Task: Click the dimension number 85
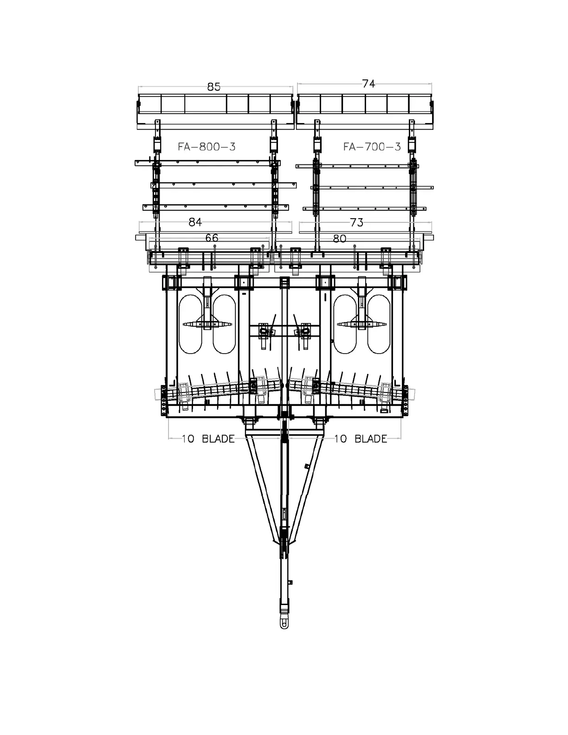pos(214,87)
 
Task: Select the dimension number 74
pos(368,84)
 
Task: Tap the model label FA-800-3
pos(207,147)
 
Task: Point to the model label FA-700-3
pos(372,147)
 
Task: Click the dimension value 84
pos(195,222)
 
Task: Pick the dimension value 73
pos(356,222)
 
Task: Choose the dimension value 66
pos(212,238)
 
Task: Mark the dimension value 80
pos(340,239)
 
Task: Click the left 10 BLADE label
pos(208,438)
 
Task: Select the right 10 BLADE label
pos(361,438)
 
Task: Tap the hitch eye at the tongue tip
pos(284,623)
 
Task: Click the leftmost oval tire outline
pos(190,324)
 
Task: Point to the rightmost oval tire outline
pos(378,324)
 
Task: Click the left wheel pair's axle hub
pos(207,324)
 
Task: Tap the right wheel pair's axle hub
pos(361,324)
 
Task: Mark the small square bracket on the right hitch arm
pos(306,466)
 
